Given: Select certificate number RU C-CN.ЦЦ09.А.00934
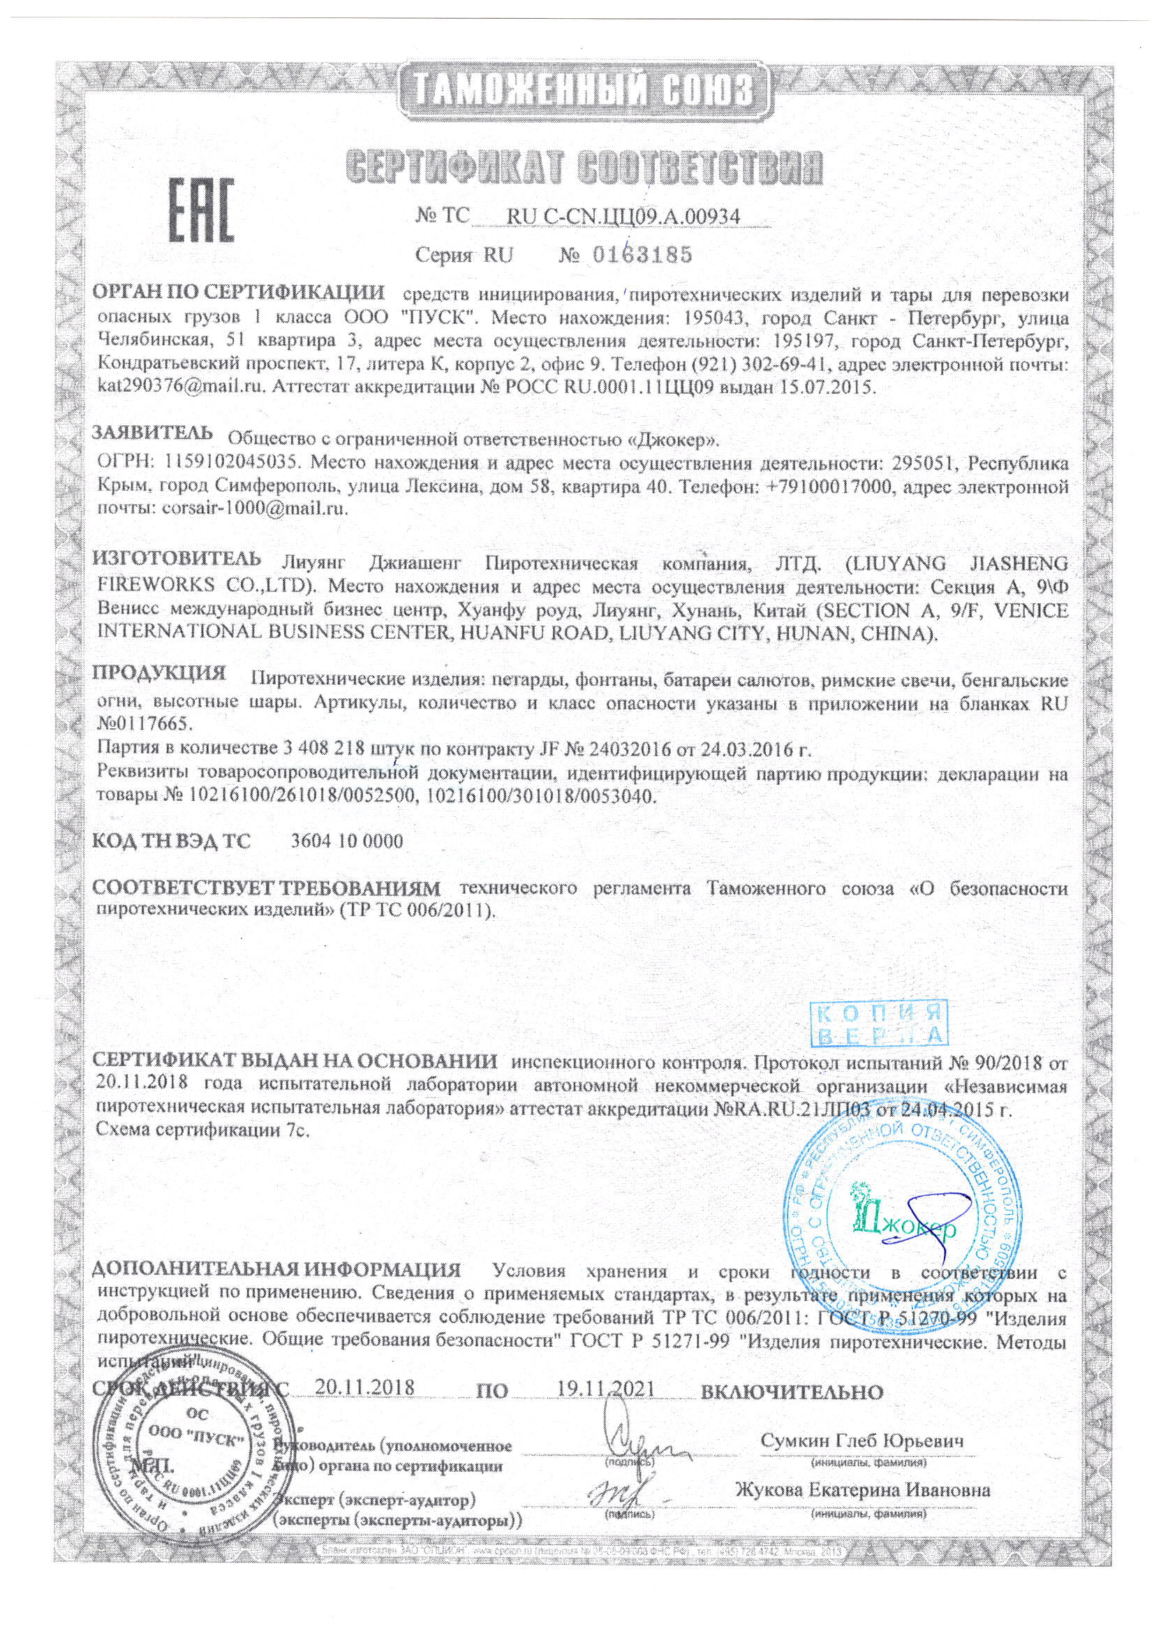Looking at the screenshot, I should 625,216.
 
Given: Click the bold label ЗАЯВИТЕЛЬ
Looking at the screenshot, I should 153,433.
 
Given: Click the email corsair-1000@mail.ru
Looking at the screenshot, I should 254,510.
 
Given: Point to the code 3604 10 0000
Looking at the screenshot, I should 347,841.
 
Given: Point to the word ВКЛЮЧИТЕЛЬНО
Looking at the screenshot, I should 792,1390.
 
